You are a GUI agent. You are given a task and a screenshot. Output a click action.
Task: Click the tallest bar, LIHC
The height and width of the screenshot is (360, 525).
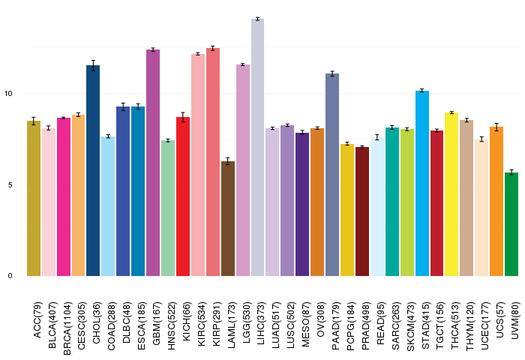257,147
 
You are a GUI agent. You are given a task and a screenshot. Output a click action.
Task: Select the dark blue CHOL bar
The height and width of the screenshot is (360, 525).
93,171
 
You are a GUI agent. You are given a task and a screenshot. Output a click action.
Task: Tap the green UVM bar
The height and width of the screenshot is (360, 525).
511,224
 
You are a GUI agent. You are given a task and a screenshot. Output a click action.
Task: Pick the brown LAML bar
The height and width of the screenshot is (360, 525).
228,219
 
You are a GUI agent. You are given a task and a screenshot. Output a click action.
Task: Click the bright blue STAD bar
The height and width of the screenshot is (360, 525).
421,183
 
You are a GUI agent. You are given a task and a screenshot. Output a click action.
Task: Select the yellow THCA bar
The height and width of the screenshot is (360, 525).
451,194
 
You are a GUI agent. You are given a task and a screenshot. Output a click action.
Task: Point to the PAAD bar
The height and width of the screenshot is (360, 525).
332,175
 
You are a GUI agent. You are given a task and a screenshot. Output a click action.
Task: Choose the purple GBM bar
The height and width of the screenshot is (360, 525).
153,163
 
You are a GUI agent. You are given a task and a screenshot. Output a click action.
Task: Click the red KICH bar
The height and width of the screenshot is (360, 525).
183,196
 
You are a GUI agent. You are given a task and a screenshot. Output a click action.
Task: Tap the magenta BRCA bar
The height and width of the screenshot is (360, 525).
64,197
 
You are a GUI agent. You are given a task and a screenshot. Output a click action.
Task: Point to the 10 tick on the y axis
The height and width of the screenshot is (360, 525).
8,94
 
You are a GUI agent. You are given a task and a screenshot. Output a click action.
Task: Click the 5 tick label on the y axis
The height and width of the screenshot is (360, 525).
10,184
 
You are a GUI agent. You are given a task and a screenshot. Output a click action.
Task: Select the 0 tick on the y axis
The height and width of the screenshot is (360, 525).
10,276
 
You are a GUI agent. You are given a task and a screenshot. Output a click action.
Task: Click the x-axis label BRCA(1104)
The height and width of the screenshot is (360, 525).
67,328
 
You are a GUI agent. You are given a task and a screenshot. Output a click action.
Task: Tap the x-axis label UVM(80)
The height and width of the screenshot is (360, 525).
514,320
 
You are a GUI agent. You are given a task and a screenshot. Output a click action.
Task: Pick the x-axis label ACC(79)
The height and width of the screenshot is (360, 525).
37,320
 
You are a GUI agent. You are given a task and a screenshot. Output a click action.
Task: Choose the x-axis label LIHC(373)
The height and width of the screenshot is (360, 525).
261,322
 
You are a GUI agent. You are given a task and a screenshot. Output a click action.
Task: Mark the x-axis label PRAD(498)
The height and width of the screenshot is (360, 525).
365,325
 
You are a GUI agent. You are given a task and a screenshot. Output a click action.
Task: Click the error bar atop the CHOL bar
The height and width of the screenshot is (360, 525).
93,65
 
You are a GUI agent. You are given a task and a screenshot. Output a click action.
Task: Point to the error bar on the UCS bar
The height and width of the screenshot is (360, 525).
496,127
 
